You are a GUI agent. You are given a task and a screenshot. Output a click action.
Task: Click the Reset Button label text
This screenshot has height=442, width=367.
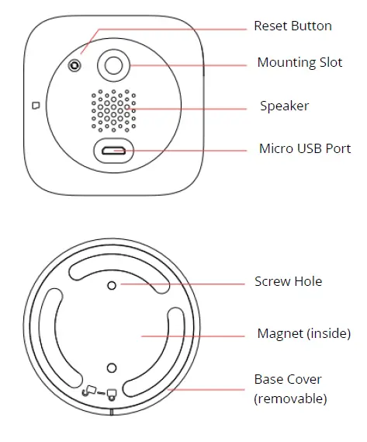(293, 26)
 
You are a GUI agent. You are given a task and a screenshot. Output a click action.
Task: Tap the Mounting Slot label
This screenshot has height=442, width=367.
(299, 63)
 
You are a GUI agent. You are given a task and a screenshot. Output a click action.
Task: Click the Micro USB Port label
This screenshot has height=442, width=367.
(304, 148)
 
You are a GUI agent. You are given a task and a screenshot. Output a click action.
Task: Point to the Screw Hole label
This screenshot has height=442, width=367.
(288, 281)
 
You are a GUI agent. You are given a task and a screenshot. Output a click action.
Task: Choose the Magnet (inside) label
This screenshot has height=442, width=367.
(303, 334)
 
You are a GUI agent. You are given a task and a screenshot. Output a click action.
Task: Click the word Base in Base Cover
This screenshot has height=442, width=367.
(268, 379)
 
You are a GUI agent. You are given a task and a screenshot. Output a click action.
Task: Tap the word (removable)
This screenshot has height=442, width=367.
(290, 398)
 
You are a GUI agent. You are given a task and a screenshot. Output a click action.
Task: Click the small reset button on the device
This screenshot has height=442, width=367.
(74, 66)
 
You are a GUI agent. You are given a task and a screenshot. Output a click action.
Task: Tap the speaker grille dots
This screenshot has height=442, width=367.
(113, 110)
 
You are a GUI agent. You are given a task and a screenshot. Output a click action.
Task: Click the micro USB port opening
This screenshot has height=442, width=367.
(114, 150)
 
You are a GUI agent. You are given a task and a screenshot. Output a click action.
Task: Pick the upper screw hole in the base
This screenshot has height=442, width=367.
(112, 285)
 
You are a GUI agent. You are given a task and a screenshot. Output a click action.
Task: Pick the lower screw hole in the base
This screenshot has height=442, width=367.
(112, 367)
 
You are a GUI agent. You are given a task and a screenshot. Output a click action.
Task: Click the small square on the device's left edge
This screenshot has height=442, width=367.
(35, 104)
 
